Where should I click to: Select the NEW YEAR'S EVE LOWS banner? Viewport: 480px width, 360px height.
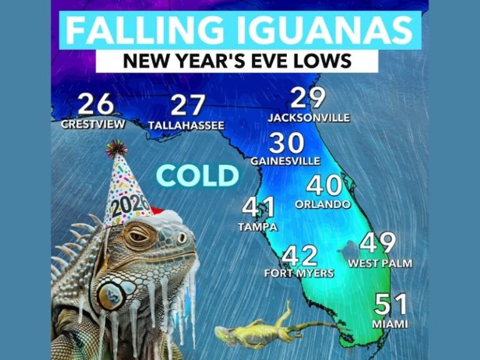click(x=237, y=61)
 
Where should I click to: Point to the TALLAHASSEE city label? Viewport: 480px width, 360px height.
click(x=186, y=126)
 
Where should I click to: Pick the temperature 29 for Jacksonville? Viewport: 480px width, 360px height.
click(x=309, y=99)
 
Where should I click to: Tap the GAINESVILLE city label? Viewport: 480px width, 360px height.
click(x=285, y=161)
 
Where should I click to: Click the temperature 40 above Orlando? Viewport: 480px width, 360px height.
click(x=324, y=186)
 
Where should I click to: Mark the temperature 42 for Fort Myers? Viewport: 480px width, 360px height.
click(x=299, y=256)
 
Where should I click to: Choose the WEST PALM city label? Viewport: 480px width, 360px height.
click(x=380, y=264)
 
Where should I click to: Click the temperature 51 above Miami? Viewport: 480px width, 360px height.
click(x=391, y=305)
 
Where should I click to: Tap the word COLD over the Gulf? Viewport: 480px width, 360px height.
click(x=197, y=176)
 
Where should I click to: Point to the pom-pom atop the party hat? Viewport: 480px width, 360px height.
click(x=116, y=148)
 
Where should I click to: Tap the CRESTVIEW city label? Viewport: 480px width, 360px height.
click(x=93, y=124)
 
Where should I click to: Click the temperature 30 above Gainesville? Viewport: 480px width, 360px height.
click(x=286, y=144)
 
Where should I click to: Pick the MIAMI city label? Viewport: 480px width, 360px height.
click(x=389, y=324)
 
